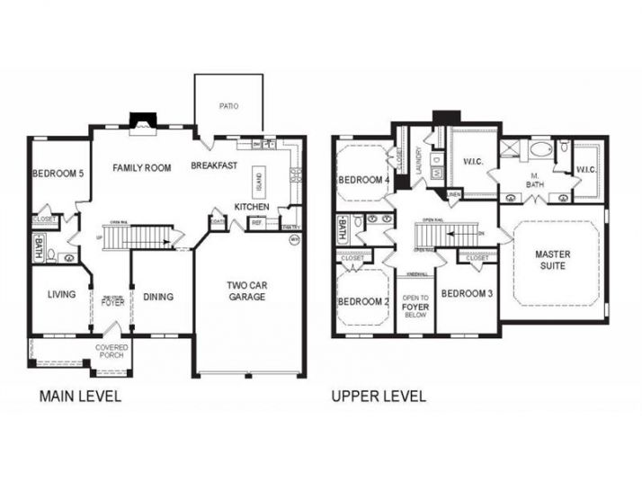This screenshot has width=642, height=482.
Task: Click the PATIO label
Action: pyautogui.click(x=228, y=106)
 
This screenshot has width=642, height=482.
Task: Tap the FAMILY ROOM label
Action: pyautogui.click(x=141, y=167)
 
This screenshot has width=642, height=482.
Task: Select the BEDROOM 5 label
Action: pyautogui.click(x=58, y=174)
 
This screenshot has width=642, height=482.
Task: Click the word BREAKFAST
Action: pyautogui.click(x=214, y=165)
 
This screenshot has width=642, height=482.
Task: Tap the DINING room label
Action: pyautogui.click(x=157, y=296)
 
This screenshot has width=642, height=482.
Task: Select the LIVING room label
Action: pyautogui.click(x=60, y=294)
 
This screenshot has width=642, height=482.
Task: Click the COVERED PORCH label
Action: pyautogui.click(x=111, y=352)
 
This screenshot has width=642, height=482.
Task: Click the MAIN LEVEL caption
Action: pyautogui.click(x=79, y=396)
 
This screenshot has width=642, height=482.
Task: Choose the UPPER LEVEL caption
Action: pyautogui.click(x=379, y=396)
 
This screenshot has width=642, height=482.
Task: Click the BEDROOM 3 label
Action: pyautogui.click(x=466, y=294)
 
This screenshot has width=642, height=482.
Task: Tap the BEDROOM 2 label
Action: pyautogui.click(x=362, y=300)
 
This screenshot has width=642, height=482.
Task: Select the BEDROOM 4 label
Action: pyautogui.click(x=362, y=180)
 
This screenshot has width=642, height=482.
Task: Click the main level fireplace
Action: pyautogui.click(x=142, y=121)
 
